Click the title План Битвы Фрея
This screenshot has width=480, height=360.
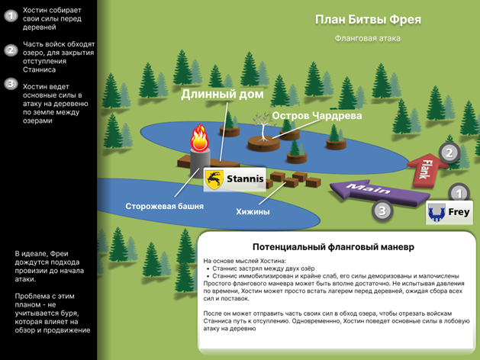pyautogui.click(x=369, y=20)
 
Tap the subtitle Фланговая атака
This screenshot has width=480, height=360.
pyautogui.click(x=367, y=39)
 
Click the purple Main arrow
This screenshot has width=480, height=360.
pyautogui.click(x=379, y=192)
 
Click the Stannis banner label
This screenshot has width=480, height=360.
pyautogui.click(x=235, y=179)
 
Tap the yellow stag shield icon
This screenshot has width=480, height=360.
pyautogui.click(x=214, y=179)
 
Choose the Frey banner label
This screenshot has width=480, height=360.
pyautogui.click(x=449, y=213)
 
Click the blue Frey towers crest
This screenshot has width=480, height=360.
pyautogui.click(x=437, y=213)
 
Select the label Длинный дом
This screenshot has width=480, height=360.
pyautogui.click(x=222, y=94)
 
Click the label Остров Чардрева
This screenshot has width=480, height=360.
pyautogui.click(x=317, y=116)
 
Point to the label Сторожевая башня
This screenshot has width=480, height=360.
pyautogui.click(x=164, y=206)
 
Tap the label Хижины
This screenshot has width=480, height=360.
pyautogui.click(x=253, y=212)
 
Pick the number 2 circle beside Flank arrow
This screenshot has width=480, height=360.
pyautogui.click(x=449, y=153)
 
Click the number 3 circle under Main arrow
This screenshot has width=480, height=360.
pyautogui.click(x=382, y=211)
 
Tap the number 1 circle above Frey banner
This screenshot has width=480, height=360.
pyautogui.click(x=459, y=193)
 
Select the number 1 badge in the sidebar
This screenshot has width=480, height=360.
pyautogui.click(x=11, y=15)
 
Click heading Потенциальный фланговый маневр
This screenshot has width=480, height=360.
pyautogui.click(x=333, y=247)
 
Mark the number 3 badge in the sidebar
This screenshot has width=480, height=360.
pyautogui.click(x=11, y=83)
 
